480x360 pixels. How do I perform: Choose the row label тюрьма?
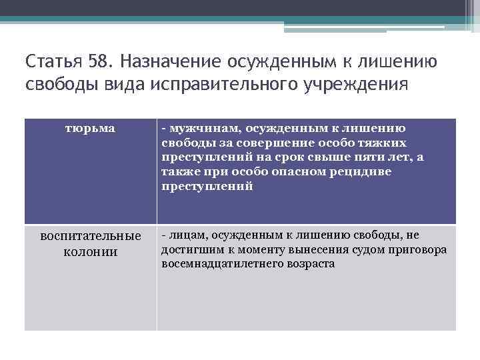(x=90, y=127)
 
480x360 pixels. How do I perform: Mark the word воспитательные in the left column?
(x=91, y=237)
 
